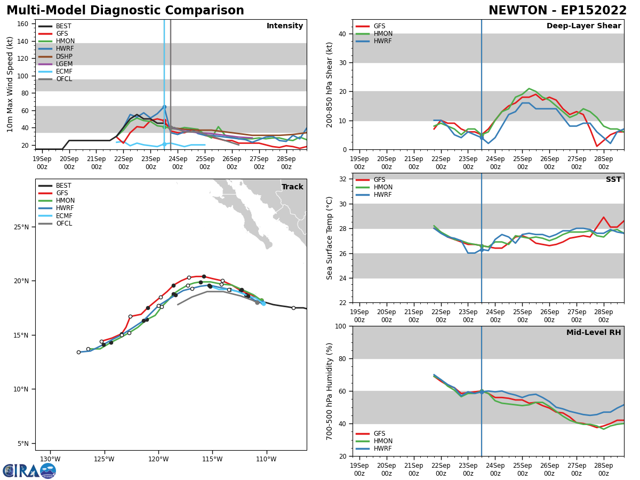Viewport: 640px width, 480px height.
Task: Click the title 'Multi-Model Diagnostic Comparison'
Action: (125, 11)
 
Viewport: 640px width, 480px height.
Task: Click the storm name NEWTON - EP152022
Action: (557, 11)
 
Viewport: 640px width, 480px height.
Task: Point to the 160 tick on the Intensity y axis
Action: (23, 24)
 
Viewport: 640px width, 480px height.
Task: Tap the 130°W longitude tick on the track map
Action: (50, 459)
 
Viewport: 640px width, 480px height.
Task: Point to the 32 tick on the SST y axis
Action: (343, 179)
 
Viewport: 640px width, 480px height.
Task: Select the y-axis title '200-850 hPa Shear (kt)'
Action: (330, 84)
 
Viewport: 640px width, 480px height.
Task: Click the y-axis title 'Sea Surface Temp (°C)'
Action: (330, 238)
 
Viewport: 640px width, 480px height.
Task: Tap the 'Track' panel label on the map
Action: (292, 187)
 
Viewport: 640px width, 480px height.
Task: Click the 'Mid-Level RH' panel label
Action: (594, 333)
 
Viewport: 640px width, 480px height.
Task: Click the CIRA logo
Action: (29, 471)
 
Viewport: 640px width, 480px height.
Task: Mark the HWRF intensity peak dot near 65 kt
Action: (164, 107)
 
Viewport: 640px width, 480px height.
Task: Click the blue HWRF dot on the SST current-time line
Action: (482, 250)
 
